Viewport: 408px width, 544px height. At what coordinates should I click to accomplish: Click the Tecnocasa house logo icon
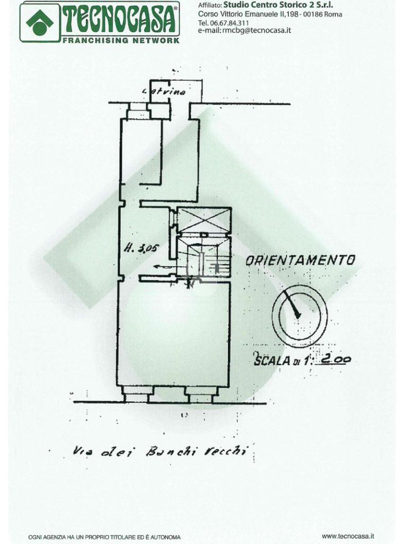(40, 22)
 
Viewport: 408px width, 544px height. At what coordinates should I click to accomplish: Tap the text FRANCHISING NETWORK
(120, 40)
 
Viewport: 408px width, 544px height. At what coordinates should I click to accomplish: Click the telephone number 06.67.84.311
(229, 23)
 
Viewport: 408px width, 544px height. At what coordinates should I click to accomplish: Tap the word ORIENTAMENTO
(300, 260)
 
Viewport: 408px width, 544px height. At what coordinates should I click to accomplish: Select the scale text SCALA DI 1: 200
(302, 360)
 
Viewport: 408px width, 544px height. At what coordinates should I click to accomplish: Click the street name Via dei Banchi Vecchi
(160, 452)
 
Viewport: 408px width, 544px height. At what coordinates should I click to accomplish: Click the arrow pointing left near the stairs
(160, 267)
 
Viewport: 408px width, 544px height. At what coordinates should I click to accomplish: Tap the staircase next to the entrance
(205, 257)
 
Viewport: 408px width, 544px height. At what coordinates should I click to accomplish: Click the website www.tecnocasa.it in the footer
(348, 537)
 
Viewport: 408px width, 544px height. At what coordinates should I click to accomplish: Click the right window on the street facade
(200, 396)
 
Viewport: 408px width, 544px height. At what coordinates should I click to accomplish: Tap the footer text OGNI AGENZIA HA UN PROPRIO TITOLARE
(105, 537)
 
